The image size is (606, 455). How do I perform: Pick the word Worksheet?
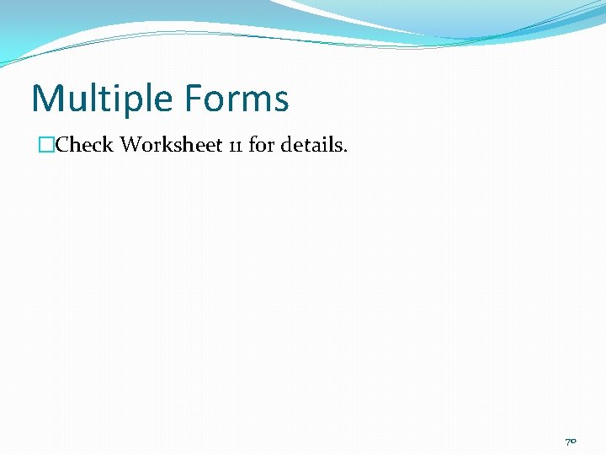pos(171,145)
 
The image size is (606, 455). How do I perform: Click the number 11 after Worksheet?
pos(235,146)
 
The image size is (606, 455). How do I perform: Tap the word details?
pos(312,145)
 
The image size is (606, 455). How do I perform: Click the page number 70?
pos(571,441)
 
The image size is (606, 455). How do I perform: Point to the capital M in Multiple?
pos(46,99)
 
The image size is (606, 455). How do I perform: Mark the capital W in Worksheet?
pos(131,145)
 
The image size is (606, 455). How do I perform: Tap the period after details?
pos(345,151)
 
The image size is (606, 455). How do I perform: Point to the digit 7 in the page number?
pos(567,441)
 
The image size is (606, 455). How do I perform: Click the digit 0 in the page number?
pos(574,442)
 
